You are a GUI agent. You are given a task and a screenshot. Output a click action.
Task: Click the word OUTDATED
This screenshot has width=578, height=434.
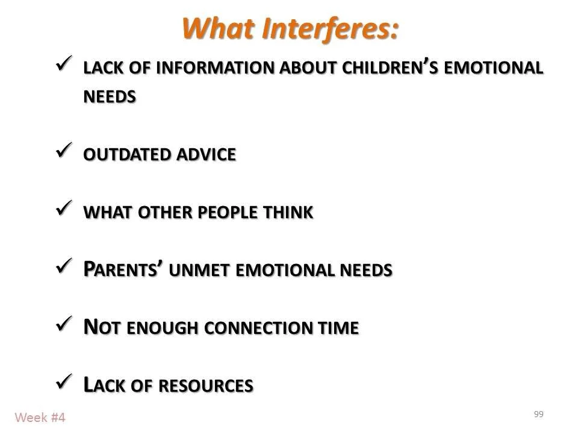(x=126, y=155)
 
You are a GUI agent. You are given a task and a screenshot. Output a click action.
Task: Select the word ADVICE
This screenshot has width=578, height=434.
(x=205, y=155)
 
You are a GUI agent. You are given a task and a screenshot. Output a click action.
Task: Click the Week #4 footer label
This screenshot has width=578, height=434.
(x=40, y=417)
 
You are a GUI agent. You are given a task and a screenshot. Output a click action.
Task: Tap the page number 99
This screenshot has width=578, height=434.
(x=538, y=414)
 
